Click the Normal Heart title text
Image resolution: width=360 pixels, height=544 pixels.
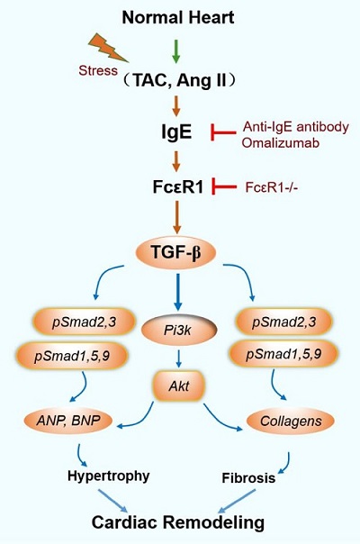[178, 18]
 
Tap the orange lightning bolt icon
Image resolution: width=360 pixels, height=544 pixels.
[108, 48]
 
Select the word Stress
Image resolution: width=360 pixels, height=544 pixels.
[98, 70]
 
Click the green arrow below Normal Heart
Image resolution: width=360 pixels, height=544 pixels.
[176, 51]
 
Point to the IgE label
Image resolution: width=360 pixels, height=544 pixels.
[176, 132]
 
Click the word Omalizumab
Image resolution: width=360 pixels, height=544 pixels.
[280, 142]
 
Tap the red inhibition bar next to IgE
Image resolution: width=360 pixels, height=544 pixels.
[224, 132]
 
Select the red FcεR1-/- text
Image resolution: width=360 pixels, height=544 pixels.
[272, 187]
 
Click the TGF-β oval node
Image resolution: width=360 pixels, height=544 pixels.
[175, 252]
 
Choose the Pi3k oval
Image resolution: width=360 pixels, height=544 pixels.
[179, 330]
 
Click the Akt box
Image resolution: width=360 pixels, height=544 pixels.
[178, 385]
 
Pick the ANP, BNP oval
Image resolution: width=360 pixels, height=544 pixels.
[68, 421]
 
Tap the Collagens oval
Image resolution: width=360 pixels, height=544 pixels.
[291, 422]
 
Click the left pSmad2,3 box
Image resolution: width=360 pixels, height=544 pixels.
[84, 322]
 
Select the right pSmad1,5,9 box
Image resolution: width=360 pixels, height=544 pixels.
[283, 354]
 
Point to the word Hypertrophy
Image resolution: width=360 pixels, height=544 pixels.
[109, 476]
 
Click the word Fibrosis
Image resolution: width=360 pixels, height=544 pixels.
[248, 478]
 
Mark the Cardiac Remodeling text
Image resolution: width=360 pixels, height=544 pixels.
[178, 522]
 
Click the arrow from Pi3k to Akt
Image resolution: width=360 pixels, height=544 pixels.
[178, 358]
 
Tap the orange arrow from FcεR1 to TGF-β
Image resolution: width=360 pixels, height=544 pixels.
[177, 217]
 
